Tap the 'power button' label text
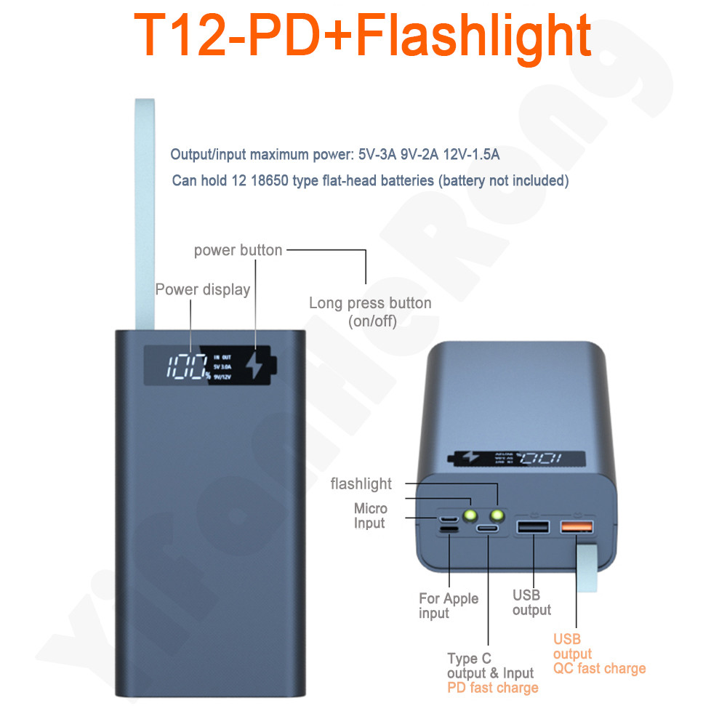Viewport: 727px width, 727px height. [x=238, y=250]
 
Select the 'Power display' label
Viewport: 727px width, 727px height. [x=202, y=289]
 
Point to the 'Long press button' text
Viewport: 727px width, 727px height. [x=370, y=303]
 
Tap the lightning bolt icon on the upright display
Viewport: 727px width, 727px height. [x=254, y=366]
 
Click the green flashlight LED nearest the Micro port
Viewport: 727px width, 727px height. [x=469, y=517]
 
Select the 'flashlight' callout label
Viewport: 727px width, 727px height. [x=361, y=484]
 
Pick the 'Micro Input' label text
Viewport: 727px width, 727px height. [x=370, y=515]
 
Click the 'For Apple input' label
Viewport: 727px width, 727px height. [x=449, y=606]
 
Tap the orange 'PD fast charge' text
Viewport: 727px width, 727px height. [x=492, y=688]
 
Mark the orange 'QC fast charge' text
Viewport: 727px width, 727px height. [x=599, y=669]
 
